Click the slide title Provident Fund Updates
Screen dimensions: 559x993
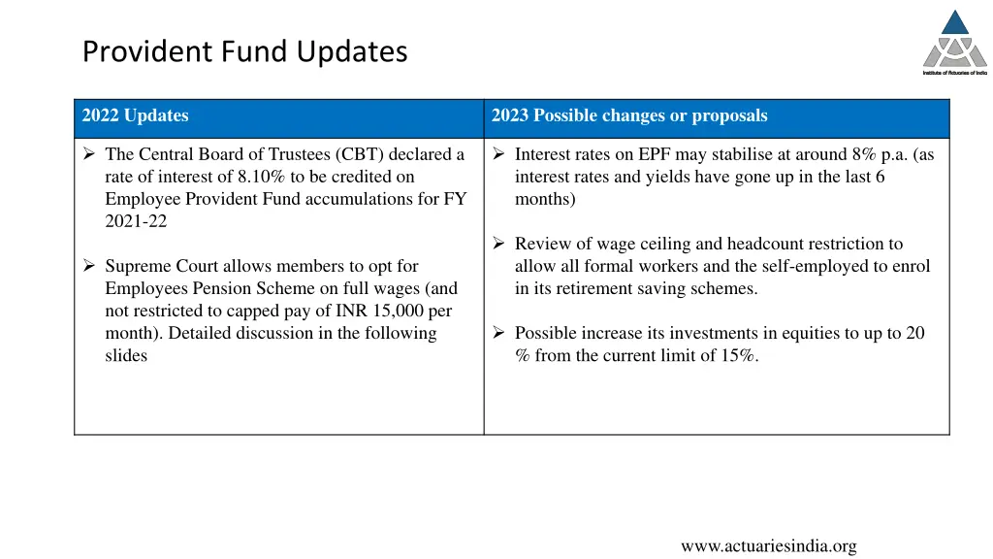click(x=244, y=50)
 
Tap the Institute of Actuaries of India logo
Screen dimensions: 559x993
click(x=954, y=43)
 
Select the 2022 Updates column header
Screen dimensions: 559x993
click(x=136, y=116)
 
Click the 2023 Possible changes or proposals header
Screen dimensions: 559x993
click(x=629, y=116)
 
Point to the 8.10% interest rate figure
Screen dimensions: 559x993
click(x=262, y=177)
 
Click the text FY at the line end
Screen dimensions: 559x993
click(x=455, y=199)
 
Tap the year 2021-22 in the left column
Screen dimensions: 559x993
click(x=136, y=221)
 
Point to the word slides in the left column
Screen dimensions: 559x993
click(x=126, y=355)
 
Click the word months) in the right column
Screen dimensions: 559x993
click(x=545, y=199)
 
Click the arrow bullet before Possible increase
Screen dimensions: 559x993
click(x=497, y=333)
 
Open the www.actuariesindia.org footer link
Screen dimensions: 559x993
click(x=768, y=546)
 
